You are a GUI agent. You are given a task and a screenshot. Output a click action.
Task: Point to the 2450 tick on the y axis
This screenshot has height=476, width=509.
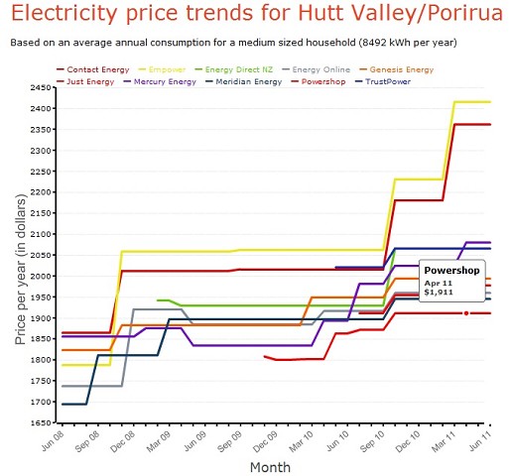point(40,87)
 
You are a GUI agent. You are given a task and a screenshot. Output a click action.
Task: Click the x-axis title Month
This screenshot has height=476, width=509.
point(270,466)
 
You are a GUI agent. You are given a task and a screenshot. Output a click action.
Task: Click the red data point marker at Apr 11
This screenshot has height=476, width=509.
point(466,313)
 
